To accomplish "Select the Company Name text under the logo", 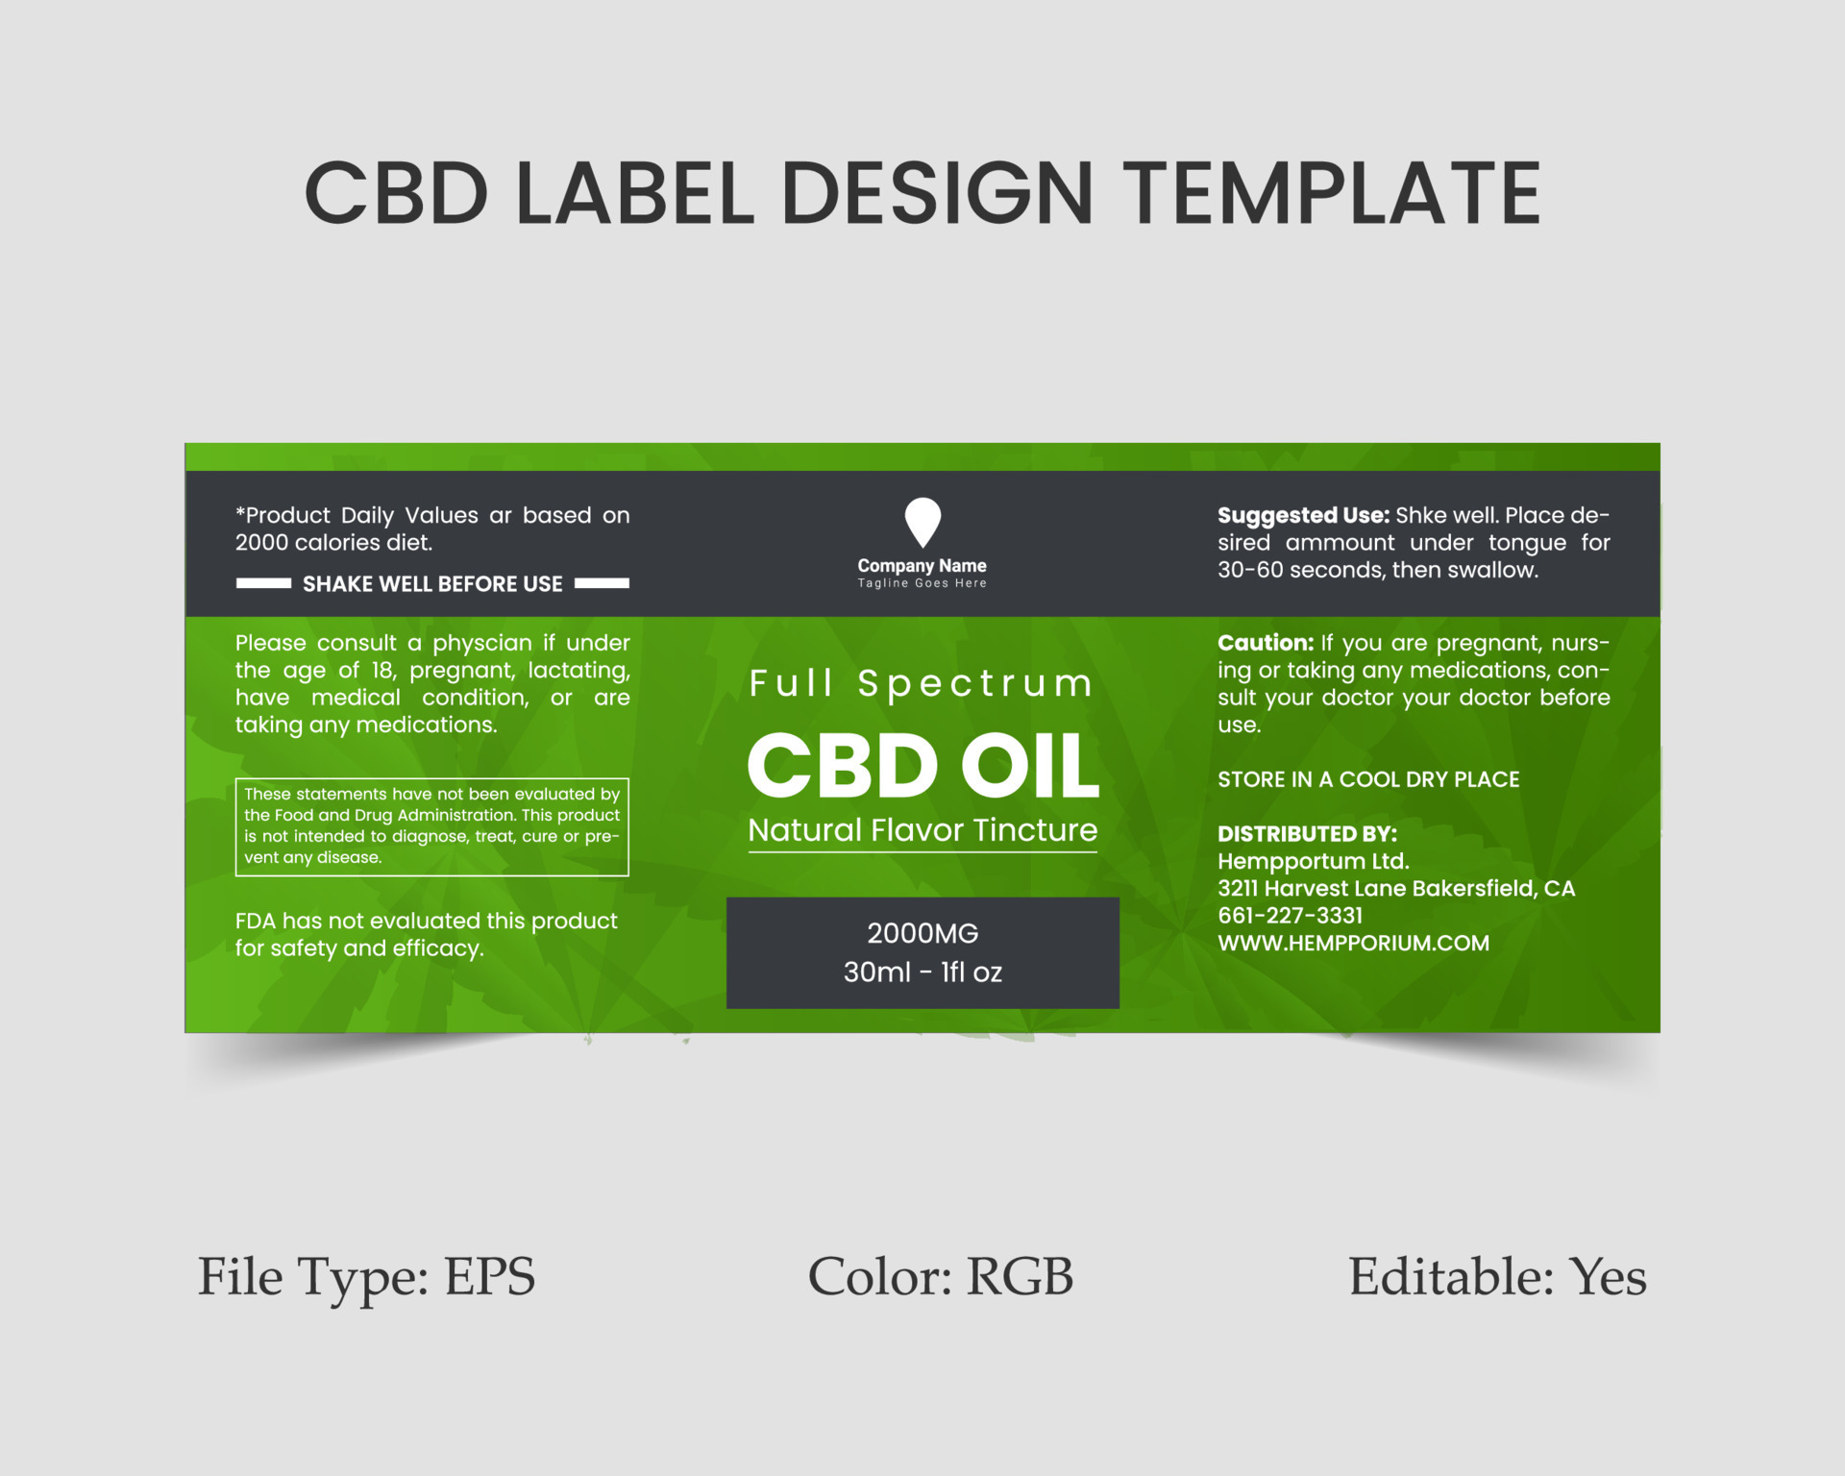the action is tap(922, 566).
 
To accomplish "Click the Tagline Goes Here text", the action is tap(922, 583).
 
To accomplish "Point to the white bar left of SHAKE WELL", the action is tap(263, 583).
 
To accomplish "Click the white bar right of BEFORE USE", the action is tap(602, 583).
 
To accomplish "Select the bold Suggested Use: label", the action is tap(1303, 516).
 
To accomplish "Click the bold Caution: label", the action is tap(1266, 643).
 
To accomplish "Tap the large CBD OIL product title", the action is tap(922, 766).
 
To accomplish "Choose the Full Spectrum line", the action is tap(922, 683).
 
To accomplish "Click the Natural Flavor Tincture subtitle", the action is tap(922, 830).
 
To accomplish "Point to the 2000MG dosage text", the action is tap(922, 933).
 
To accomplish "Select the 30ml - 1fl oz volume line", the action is tap(922, 972).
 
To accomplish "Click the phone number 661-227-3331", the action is tap(1290, 916).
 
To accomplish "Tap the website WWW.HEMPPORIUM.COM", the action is tap(1354, 944).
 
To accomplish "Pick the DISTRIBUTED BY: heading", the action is tap(1307, 834).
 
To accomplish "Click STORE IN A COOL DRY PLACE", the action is tap(1368, 779).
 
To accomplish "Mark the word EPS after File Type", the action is tap(489, 1277).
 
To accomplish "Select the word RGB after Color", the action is tap(1020, 1277).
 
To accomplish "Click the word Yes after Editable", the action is tap(1609, 1277).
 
